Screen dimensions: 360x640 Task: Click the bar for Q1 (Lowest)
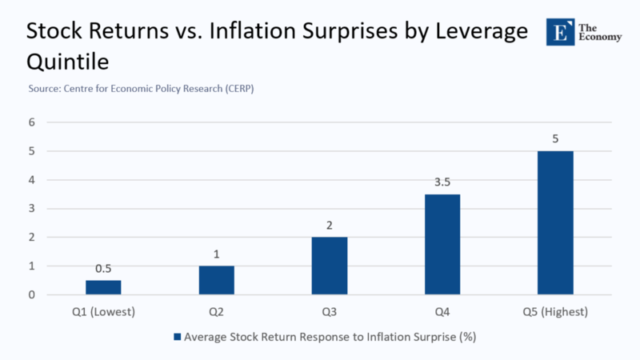[103, 287]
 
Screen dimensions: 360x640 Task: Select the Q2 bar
[217, 280]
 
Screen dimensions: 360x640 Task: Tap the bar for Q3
[330, 266]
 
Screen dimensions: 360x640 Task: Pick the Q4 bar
[442, 244]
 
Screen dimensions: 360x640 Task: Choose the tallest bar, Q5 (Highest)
[555, 222]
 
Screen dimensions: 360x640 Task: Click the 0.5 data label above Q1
[103, 268]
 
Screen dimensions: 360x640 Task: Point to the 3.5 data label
[442, 182]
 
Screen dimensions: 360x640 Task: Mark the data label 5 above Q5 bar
[555, 138]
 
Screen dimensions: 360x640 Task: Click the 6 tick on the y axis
[32, 122]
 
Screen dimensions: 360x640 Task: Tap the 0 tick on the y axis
[32, 294]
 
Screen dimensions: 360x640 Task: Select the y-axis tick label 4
[32, 180]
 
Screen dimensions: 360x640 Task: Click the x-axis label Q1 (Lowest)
[103, 312]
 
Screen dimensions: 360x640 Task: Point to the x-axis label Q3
[330, 312]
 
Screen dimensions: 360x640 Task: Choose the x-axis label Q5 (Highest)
[555, 312]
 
